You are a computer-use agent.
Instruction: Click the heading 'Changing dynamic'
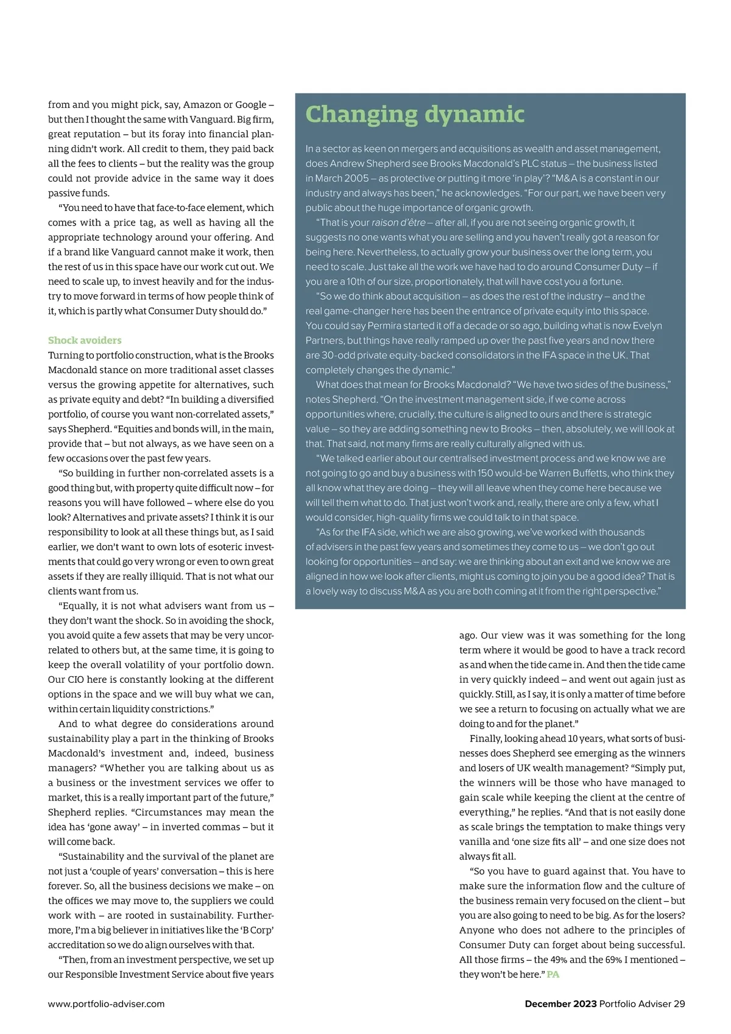click(415, 115)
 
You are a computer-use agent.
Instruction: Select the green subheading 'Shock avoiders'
click(85, 340)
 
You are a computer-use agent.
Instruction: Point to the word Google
click(250, 104)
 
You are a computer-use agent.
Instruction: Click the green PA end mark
click(553, 974)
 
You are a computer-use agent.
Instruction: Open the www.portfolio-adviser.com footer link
click(106, 1004)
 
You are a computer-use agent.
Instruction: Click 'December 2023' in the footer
click(560, 1004)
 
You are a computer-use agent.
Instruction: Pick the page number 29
click(679, 1004)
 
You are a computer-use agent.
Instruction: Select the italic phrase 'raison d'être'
click(398, 223)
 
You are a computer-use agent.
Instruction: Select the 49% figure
click(559, 960)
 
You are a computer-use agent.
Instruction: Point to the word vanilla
click(475, 841)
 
